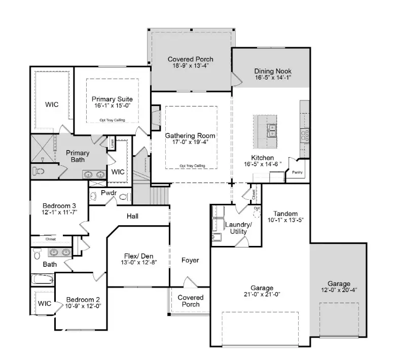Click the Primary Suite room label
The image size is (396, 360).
[112, 98]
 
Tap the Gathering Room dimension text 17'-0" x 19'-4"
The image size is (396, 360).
[190, 143]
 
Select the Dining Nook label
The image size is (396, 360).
[273, 71]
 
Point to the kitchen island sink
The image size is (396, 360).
[271, 131]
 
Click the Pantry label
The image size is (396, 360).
[297, 172]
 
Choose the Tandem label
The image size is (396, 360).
[285, 213]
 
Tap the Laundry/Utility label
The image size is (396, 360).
[238, 228]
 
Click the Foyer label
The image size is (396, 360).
[190, 260]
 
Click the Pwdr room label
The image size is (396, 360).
[109, 193]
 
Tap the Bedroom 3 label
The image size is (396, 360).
[59, 205]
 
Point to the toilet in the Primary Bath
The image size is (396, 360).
[39, 171]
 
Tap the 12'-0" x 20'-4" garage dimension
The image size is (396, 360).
[339, 291]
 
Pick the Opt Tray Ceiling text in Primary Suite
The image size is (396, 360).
[112, 120]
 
